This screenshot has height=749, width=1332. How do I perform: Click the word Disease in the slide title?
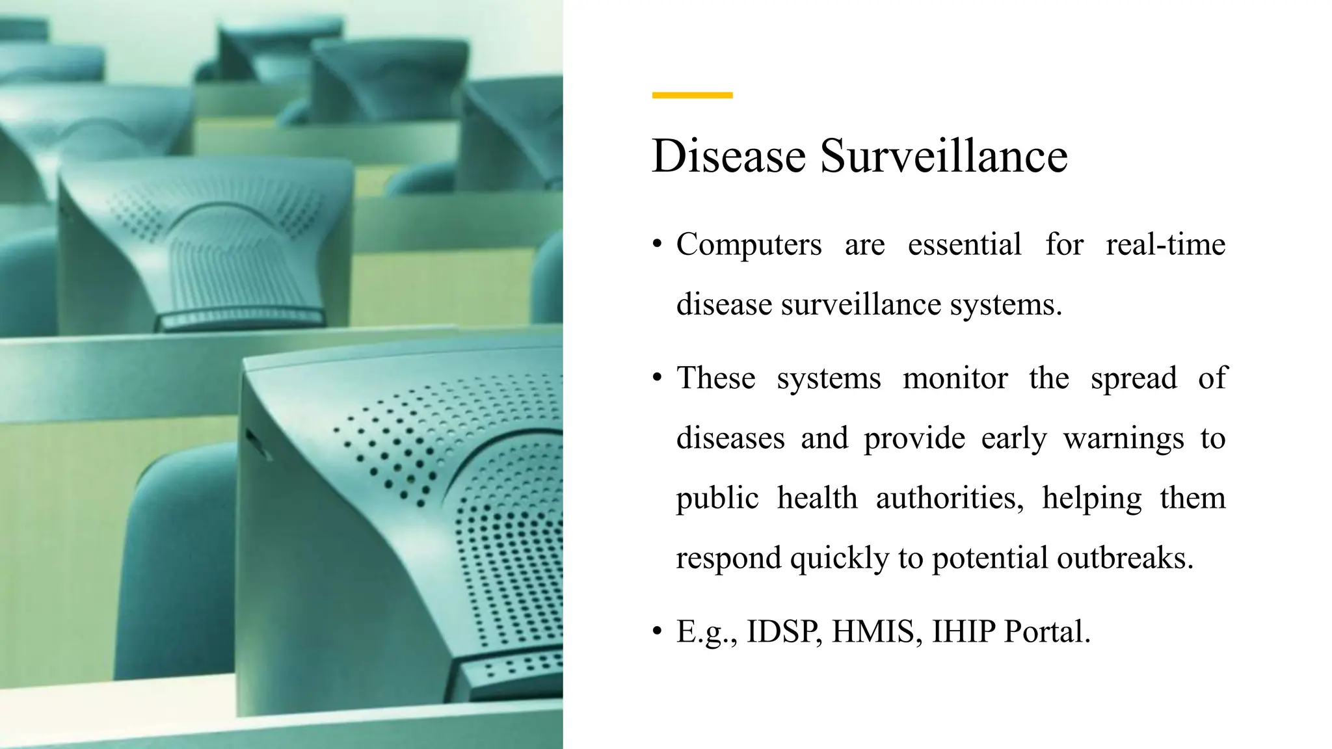point(728,156)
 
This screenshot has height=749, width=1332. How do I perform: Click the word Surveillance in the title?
point(944,156)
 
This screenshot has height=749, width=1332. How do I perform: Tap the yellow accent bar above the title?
point(692,95)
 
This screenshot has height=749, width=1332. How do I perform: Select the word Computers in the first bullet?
point(749,245)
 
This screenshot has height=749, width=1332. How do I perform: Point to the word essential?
point(965,245)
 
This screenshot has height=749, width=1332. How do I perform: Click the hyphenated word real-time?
point(1165,245)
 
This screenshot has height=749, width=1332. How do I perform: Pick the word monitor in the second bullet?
point(955,378)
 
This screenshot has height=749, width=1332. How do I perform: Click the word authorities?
point(950,499)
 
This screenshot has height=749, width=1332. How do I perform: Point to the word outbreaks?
point(1125,558)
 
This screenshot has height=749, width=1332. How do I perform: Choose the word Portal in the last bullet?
point(1046,631)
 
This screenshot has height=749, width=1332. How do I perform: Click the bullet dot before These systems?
point(658,378)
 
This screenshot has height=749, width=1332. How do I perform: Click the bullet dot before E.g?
point(658,631)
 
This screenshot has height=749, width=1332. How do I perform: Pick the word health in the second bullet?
point(817,499)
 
